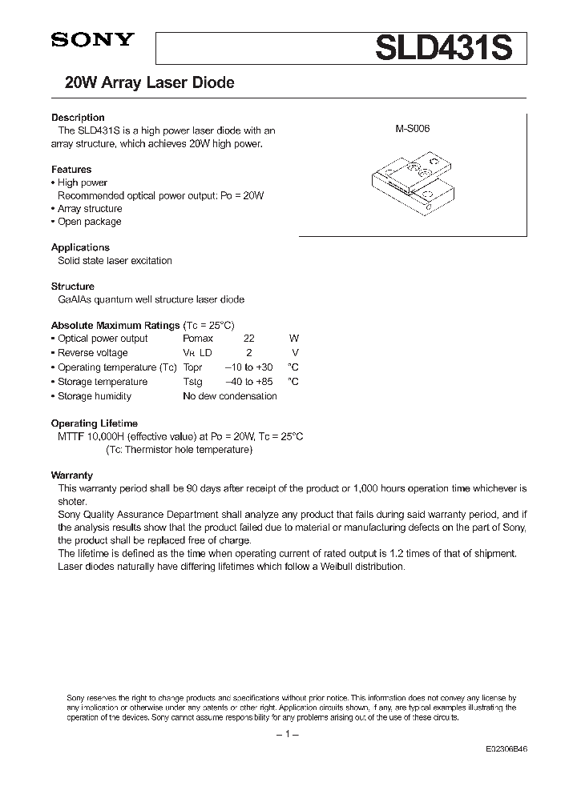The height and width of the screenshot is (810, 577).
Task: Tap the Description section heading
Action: [78, 118]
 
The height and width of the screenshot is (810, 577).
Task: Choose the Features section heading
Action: [71, 170]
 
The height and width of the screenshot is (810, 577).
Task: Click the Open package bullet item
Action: [89, 222]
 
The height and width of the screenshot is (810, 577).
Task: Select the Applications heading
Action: [80, 247]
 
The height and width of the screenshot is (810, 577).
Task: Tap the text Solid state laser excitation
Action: [115, 261]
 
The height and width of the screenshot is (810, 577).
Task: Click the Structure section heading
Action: [73, 286]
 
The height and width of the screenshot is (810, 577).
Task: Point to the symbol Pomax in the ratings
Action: [198, 339]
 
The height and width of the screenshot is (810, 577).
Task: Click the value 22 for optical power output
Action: [249, 339]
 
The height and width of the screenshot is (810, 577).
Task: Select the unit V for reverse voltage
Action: [295, 353]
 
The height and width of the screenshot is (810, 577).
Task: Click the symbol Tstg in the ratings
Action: [193, 382]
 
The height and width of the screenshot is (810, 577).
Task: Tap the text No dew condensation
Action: [230, 396]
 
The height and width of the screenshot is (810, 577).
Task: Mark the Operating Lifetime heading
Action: [95, 423]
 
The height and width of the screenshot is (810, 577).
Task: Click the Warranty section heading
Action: [72, 475]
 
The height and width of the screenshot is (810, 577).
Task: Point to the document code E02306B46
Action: [506, 749]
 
